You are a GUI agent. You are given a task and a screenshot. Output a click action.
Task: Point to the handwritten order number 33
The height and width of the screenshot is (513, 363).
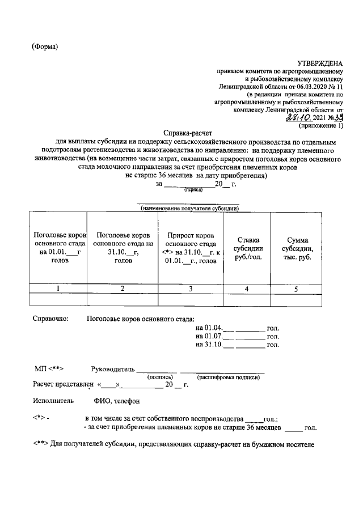(340, 117)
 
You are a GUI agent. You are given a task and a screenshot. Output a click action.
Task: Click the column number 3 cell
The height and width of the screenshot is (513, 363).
(190, 289)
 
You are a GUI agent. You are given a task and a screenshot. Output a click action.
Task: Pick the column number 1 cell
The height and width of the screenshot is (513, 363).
(57, 289)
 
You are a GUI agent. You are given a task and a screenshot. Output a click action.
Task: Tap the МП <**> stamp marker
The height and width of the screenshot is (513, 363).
(48, 368)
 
